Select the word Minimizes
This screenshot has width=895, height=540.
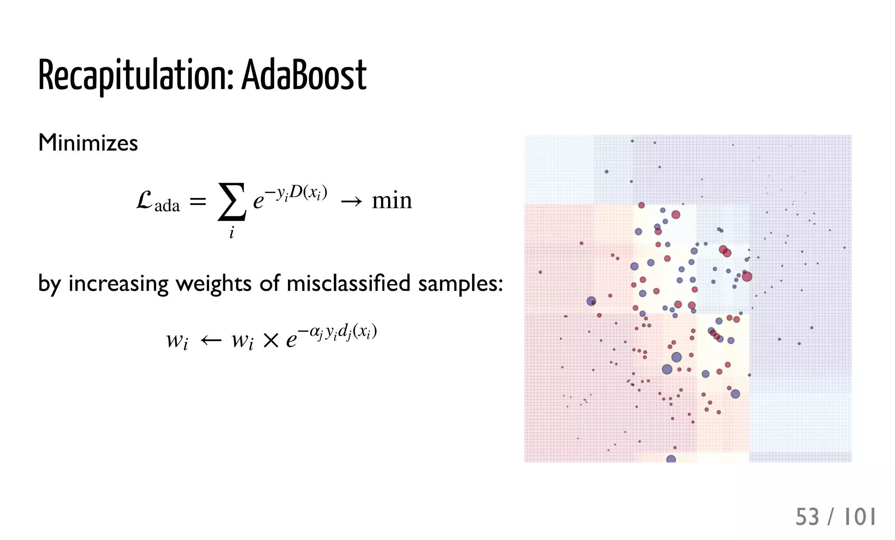pyautogui.click(x=88, y=143)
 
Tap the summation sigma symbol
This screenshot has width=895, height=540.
pyautogui.click(x=232, y=201)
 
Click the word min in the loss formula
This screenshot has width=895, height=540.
pyautogui.click(x=392, y=201)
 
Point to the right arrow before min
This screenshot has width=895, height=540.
pyautogui.click(x=351, y=201)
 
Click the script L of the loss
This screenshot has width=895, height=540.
pyautogui.click(x=145, y=201)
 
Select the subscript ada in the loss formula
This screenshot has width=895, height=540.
pyautogui.click(x=167, y=206)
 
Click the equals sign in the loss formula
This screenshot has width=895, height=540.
pyautogui.click(x=198, y=201)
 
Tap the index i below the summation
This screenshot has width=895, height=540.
pyautogui.click(x=232, y=232)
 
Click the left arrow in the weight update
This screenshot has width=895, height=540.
pyautogui.click(x=211, y=340)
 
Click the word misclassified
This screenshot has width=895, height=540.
pyautogui.click(x=348, y=283)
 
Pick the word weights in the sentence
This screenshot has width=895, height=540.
pyautogui.click(x=213, y=284)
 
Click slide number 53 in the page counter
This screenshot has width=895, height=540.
pyautogui.click(x=807, y=517)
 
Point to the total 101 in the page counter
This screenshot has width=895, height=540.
pyautogui.click(x=860, y=517)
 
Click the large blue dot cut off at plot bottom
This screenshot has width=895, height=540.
pyautogui.click(x=671, y=459)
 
